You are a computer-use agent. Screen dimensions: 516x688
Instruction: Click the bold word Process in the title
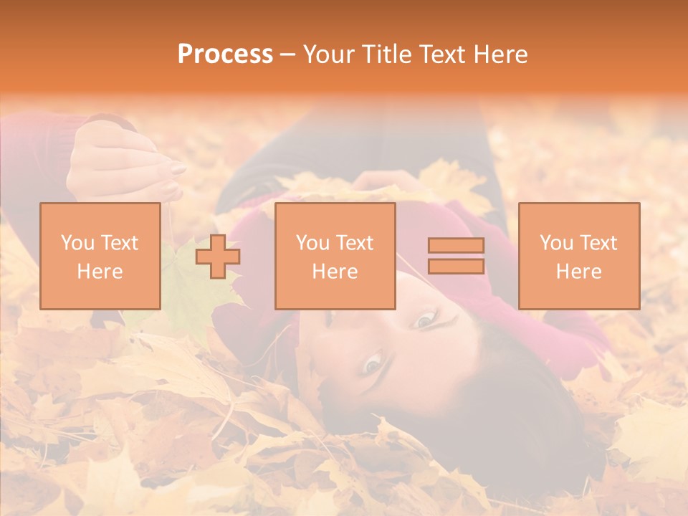225,54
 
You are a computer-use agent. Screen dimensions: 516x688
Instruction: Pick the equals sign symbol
456,256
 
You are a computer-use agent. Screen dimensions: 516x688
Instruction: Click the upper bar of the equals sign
456,246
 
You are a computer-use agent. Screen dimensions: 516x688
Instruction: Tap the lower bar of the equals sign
456,266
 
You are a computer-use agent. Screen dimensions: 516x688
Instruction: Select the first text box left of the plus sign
100,256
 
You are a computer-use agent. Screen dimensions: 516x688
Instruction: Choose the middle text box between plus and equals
335,256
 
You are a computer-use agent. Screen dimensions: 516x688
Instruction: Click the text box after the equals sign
578,256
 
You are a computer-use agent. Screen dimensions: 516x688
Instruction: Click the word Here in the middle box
335,271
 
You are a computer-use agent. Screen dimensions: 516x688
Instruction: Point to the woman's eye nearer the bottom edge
372,363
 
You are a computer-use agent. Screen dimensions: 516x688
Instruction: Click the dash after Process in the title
288,54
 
